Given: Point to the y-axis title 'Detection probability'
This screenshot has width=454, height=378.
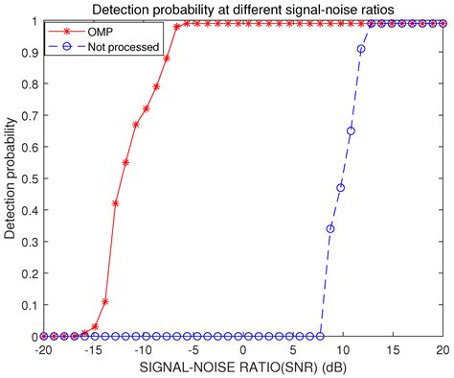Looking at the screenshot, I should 11,178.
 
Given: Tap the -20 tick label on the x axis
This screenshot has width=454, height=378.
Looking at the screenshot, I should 42,351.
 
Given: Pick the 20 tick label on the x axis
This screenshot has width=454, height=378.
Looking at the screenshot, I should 443,351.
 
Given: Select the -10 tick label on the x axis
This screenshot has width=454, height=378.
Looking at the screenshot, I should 141,351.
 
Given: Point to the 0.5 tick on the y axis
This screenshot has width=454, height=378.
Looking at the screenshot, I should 26,178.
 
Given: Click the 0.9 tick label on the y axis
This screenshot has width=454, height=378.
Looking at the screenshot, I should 26,52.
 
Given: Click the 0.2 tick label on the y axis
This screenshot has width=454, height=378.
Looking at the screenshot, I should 26,273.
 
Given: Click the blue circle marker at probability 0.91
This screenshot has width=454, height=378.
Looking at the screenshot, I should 361,49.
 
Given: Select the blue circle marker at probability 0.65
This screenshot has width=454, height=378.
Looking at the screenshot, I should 351,130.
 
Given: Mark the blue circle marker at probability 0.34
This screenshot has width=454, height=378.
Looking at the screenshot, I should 330,229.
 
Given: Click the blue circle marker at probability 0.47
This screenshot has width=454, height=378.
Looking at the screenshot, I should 340,188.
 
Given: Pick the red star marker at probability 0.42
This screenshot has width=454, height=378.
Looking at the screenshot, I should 116,203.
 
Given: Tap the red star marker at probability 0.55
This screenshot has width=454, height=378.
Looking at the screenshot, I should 125,162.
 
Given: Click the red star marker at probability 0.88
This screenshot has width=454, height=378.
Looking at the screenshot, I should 167,59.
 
